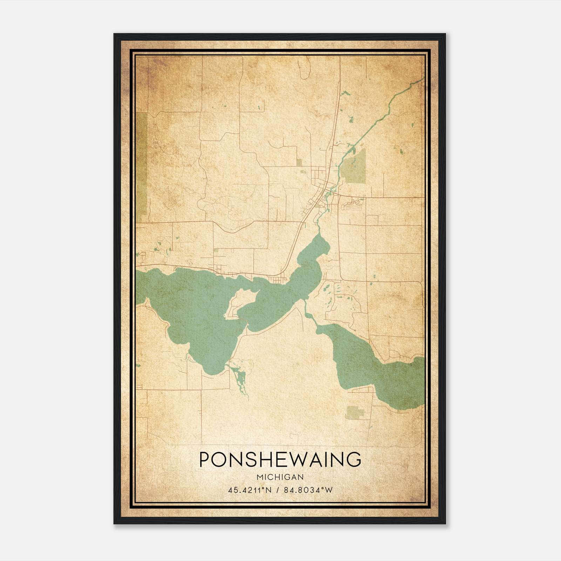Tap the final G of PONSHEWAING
(354, 459)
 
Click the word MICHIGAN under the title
(280, 477)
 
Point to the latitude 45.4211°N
(249, 490)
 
